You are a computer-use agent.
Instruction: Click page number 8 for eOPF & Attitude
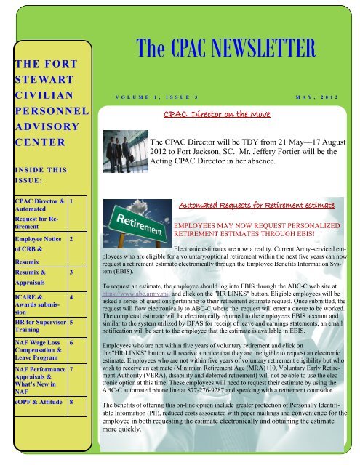tap(70, 401)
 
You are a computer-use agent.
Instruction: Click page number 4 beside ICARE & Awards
tap(70, 298)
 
